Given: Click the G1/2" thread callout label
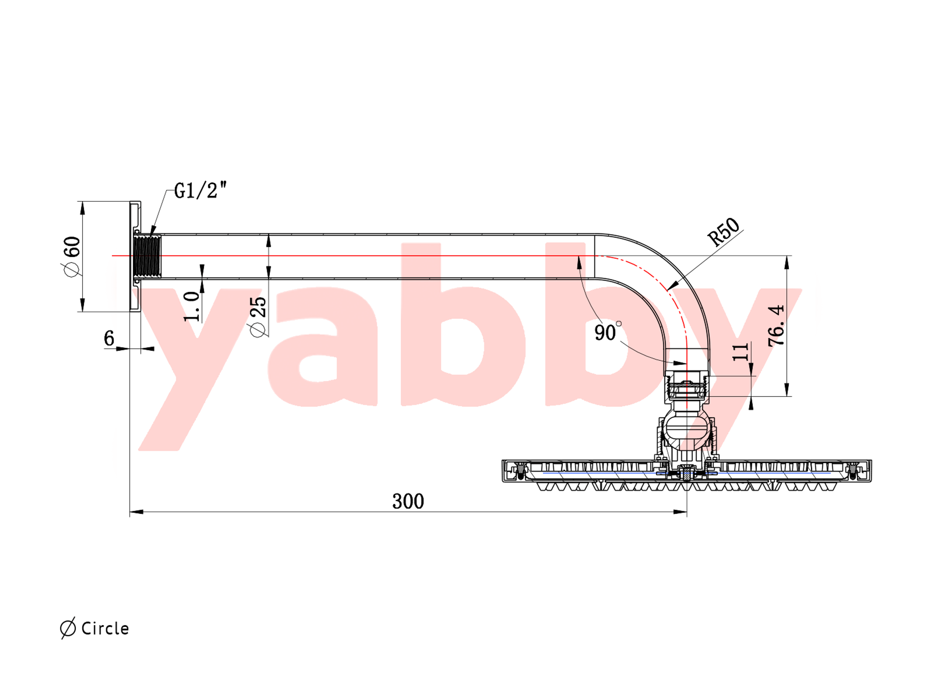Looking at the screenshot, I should coord(200,191).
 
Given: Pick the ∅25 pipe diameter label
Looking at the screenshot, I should coord(258,316).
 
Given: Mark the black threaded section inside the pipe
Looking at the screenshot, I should coord(147,256).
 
